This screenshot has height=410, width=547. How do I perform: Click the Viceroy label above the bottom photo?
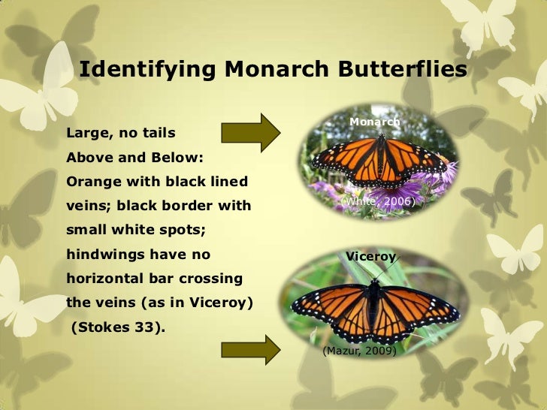click(370, 257)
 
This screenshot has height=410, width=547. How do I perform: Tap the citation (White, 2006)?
click(377, 202)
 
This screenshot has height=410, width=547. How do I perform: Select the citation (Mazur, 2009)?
click(359, 350)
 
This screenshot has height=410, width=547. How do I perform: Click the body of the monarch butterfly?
click(380, 158)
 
